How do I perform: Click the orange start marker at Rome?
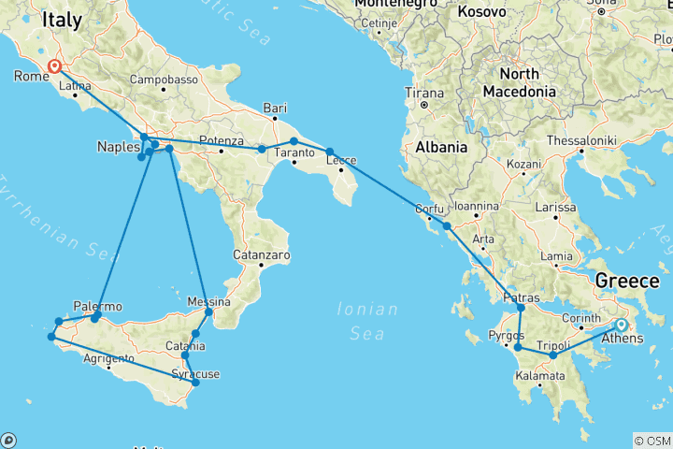pos(54,66)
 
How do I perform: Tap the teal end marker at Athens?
pos(621,325)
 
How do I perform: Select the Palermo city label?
pos(97,306)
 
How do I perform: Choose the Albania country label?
pos(441,148)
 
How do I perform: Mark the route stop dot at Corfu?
pos(447,226)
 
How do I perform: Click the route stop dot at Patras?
pos(521,308)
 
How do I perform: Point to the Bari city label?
pos(274,107)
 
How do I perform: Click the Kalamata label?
pos(538,376)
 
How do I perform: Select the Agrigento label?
pos(108,358)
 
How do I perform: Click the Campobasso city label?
pos(163,79)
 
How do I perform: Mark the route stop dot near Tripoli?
pos(552,355)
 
